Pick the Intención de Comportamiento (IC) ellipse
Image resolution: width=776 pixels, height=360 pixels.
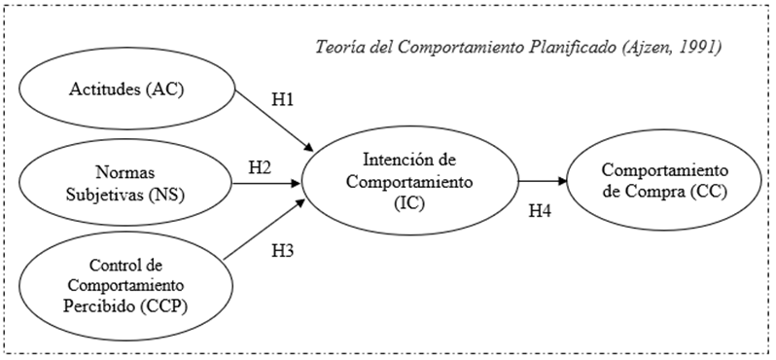[x=409, y=181]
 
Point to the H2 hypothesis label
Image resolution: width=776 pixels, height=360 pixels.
[x=260, y=166]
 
